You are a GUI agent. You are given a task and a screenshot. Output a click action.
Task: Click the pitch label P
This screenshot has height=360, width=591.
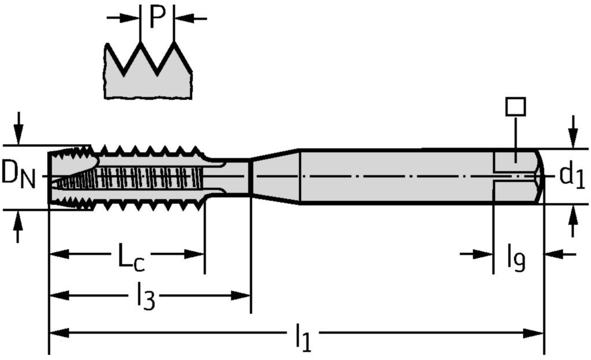tap(158, 17)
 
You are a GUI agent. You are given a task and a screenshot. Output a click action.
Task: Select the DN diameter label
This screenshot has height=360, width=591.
tap(17, 174)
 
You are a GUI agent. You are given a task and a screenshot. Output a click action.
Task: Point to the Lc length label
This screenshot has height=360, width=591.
tap(131, 257)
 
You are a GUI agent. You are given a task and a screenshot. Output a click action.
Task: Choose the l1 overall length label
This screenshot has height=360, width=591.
tap(303, 337)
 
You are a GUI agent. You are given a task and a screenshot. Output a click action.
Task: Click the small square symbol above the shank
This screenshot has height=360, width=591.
tap(515, 107)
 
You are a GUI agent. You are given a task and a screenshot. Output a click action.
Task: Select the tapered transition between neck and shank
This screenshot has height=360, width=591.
tap(276, 176)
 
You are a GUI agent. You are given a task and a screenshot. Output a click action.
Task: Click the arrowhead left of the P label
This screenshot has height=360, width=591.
tap(133, 18)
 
